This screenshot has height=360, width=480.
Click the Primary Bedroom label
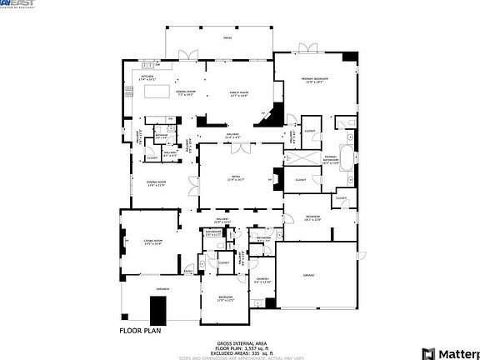point(316,80)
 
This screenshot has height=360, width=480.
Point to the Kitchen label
point(148,77)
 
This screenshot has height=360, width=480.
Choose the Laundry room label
point(262,281)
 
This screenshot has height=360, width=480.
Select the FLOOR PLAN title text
point(139,331)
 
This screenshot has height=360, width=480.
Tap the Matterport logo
point(451,352)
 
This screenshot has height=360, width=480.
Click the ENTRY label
point(187,270)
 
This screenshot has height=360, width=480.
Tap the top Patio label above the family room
point(227,38)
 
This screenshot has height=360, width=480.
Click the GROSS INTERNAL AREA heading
point(242,342)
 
